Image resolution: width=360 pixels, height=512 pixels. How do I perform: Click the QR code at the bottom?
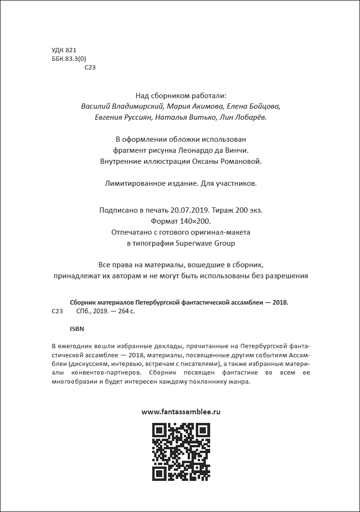[180, 451]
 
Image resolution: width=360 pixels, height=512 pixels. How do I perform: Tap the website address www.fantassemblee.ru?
[181, 411]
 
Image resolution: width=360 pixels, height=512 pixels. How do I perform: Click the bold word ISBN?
[77, 330]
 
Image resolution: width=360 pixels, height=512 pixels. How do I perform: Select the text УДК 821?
[64, 50]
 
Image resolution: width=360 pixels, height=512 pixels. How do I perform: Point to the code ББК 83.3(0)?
[68, 59]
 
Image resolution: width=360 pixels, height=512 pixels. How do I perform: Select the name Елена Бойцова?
[254, 106]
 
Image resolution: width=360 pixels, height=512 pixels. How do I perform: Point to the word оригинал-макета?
[219, 232]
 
